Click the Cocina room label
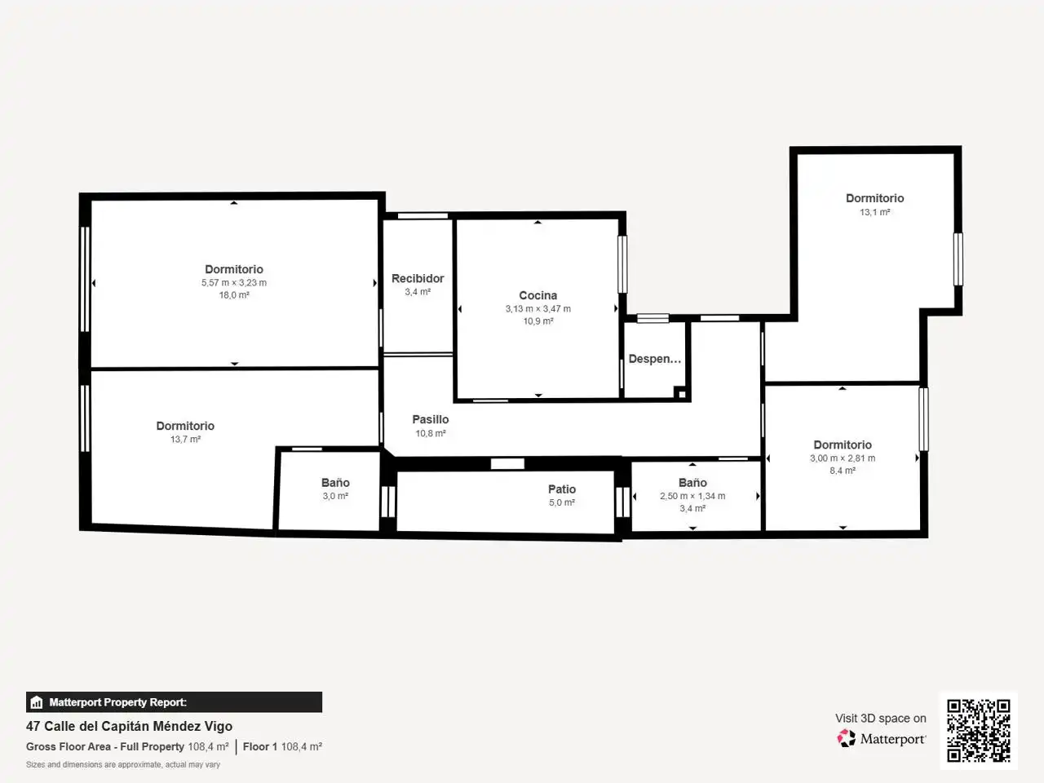[538, 295]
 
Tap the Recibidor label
[418, 278]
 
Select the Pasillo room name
[431, 419]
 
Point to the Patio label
[562, 489]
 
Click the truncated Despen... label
[654, 358]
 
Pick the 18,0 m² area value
[234, 295]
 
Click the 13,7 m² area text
[185, 440]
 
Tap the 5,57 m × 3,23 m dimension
[234, 283]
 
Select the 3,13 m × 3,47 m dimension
[538, 309]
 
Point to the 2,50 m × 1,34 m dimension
[692, 497]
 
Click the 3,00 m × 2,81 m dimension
[843, 458]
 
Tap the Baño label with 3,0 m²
[335, 483]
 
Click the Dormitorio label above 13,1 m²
[874, 198]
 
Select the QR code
[979, 730]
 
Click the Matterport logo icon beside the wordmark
[846, 738]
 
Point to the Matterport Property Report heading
[118, 702]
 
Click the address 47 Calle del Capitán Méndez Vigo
[130, 727]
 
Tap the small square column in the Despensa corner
[682, 394]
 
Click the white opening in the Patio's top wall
[507, 463]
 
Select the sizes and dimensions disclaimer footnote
[123, 764]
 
